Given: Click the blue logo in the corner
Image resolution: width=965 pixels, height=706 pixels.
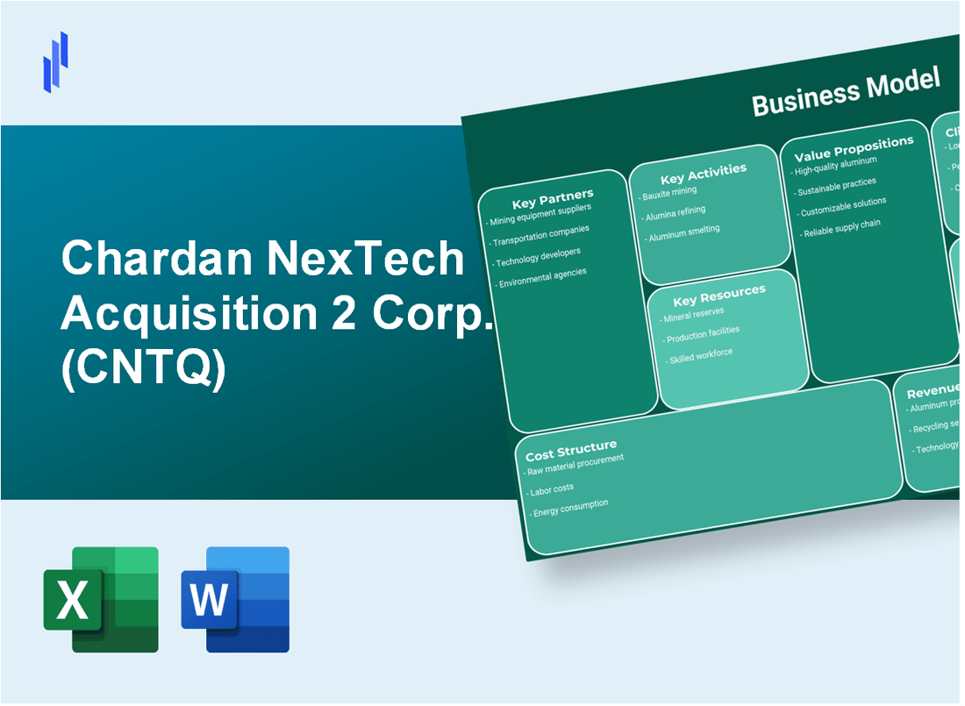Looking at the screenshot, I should [x=55, y=61].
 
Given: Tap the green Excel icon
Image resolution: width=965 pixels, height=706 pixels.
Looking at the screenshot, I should [x=101, y=599].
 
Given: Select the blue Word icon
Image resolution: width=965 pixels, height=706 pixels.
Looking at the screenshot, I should [x=235, y=599].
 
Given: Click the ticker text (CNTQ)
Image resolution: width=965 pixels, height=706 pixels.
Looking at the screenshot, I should [x=143, y=370].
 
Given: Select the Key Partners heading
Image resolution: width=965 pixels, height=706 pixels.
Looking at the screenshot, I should [x=554, y=196].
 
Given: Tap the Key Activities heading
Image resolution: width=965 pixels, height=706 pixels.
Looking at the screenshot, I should [x=703, y=172].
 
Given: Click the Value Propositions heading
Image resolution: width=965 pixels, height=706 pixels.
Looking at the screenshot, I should [x=853, y=148].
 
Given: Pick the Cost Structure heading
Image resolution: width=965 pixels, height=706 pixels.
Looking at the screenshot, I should [x=570, y=451].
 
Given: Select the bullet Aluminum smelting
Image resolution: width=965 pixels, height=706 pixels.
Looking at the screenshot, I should [x=684, y=232].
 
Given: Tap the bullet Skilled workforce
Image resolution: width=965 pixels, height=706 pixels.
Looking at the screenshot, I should [x=700, y=356].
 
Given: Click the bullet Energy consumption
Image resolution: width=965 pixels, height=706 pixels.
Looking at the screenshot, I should [x=570, y=507].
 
